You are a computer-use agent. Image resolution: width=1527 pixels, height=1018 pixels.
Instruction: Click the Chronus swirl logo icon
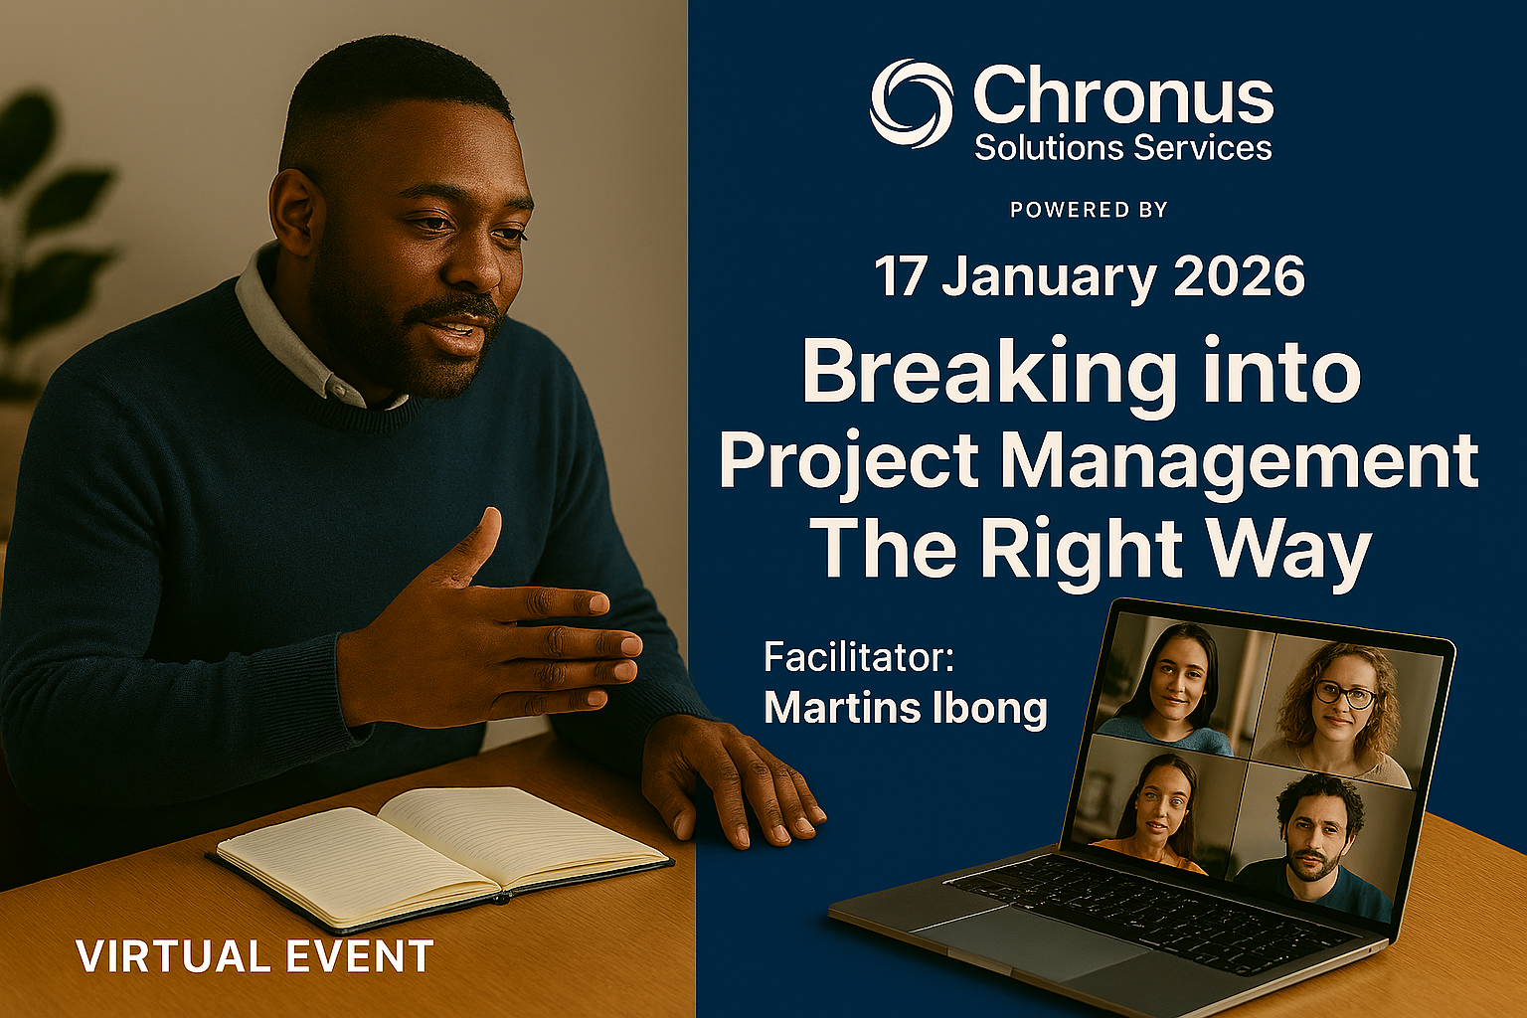pos(911,103)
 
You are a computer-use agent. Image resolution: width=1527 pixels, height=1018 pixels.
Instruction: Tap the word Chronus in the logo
pos(1122,97)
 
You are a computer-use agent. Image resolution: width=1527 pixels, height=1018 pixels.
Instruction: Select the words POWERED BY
pos(1089,210)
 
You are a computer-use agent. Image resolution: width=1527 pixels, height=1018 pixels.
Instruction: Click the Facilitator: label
pos(859,657)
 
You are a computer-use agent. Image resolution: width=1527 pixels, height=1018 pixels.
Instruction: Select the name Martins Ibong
pos(905,708)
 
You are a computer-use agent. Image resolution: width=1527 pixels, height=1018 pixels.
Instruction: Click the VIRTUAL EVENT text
pos(254,956)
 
